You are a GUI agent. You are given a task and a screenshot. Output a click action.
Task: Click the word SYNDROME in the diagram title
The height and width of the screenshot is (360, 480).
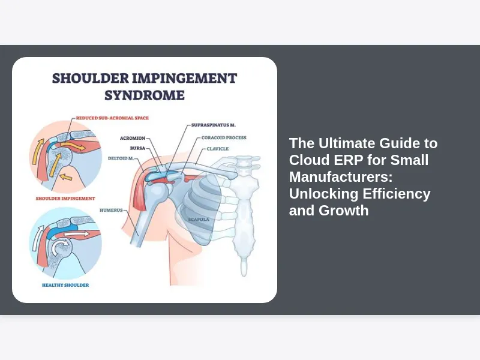pyautogui.click(x=145, y=95)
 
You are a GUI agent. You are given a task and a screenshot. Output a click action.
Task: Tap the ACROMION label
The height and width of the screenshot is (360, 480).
pyautogui.click(x=133, y=139)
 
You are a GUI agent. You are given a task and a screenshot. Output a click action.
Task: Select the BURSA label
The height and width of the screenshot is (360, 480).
pyautogui.click(x=137, y=148)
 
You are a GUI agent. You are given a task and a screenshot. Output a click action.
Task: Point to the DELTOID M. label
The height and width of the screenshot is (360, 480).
pyautogui.click(x=121, y=158)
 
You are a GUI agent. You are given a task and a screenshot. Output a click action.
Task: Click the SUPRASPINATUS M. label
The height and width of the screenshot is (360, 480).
pyautogui.click(x=214, y=125)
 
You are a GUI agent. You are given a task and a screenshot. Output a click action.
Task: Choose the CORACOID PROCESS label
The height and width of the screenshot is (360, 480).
pyautogui.click(x=224, y=138)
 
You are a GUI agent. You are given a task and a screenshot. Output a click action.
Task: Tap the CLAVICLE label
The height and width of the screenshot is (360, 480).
pyautogui.click(x=218, y=149)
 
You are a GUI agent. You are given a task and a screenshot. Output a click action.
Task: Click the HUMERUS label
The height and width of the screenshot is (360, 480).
pyautogui.click(x=111, y=211)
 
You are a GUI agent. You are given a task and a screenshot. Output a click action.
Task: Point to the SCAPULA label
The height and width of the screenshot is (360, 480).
pyautogui.click(x=199, y=220)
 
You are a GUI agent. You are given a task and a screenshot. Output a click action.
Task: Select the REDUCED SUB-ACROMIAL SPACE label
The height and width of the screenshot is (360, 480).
pyautogui.click(x=112, y=118)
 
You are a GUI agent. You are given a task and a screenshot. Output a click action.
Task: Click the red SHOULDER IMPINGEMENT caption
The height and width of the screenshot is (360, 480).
pyautogui.click(x=65, y=199)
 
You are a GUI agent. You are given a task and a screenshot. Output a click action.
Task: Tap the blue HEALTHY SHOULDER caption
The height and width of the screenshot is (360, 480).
pyautogui.click(x=65, y=285)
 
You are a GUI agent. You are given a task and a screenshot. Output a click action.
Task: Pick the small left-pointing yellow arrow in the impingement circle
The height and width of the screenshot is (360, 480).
pyautogui.click(x=66, y=177)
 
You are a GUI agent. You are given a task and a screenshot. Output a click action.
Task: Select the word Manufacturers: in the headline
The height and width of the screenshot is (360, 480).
pyautogui.click(x=341, y=177)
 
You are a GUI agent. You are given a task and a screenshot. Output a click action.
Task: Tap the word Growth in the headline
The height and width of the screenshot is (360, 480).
pyautogui.click(x=343, y=211)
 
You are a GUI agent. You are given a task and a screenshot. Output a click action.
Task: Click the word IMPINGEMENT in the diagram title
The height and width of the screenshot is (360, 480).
pyautogui.click(x=185, y=79)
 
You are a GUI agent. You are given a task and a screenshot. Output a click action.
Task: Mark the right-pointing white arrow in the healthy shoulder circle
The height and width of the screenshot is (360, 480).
pyautogui.click(x=77, y=234)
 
